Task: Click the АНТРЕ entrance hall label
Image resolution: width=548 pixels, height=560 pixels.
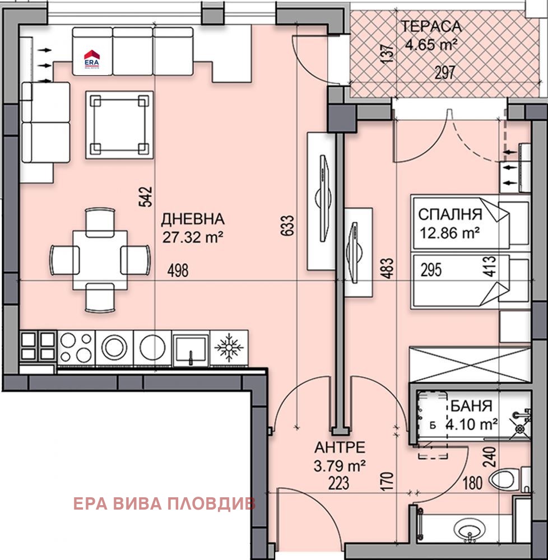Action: pos(340,447)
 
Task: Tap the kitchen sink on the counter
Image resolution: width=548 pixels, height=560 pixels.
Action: pos(191,348)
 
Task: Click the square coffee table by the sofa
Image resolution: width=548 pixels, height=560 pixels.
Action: pos(119,125)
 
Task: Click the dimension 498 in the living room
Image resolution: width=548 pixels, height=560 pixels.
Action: pos(178,271)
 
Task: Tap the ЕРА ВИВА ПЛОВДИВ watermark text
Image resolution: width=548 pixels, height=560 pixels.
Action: pos(164,503)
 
